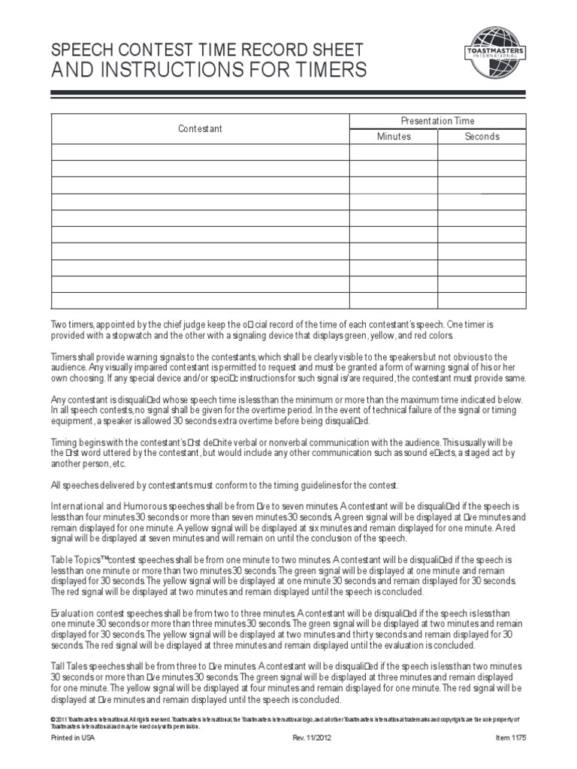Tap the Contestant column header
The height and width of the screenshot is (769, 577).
[200, 128]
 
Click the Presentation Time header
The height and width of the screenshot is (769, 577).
[438, 120]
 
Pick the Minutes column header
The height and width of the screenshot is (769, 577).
[394, 137]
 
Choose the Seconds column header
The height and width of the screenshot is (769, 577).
[482, 137]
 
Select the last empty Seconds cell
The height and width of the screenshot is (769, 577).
[482, 300]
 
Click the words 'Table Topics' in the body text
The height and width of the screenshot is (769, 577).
[75, 560]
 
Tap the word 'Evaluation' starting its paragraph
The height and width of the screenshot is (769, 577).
[73, 614]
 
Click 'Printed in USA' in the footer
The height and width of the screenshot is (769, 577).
[73, 737]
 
